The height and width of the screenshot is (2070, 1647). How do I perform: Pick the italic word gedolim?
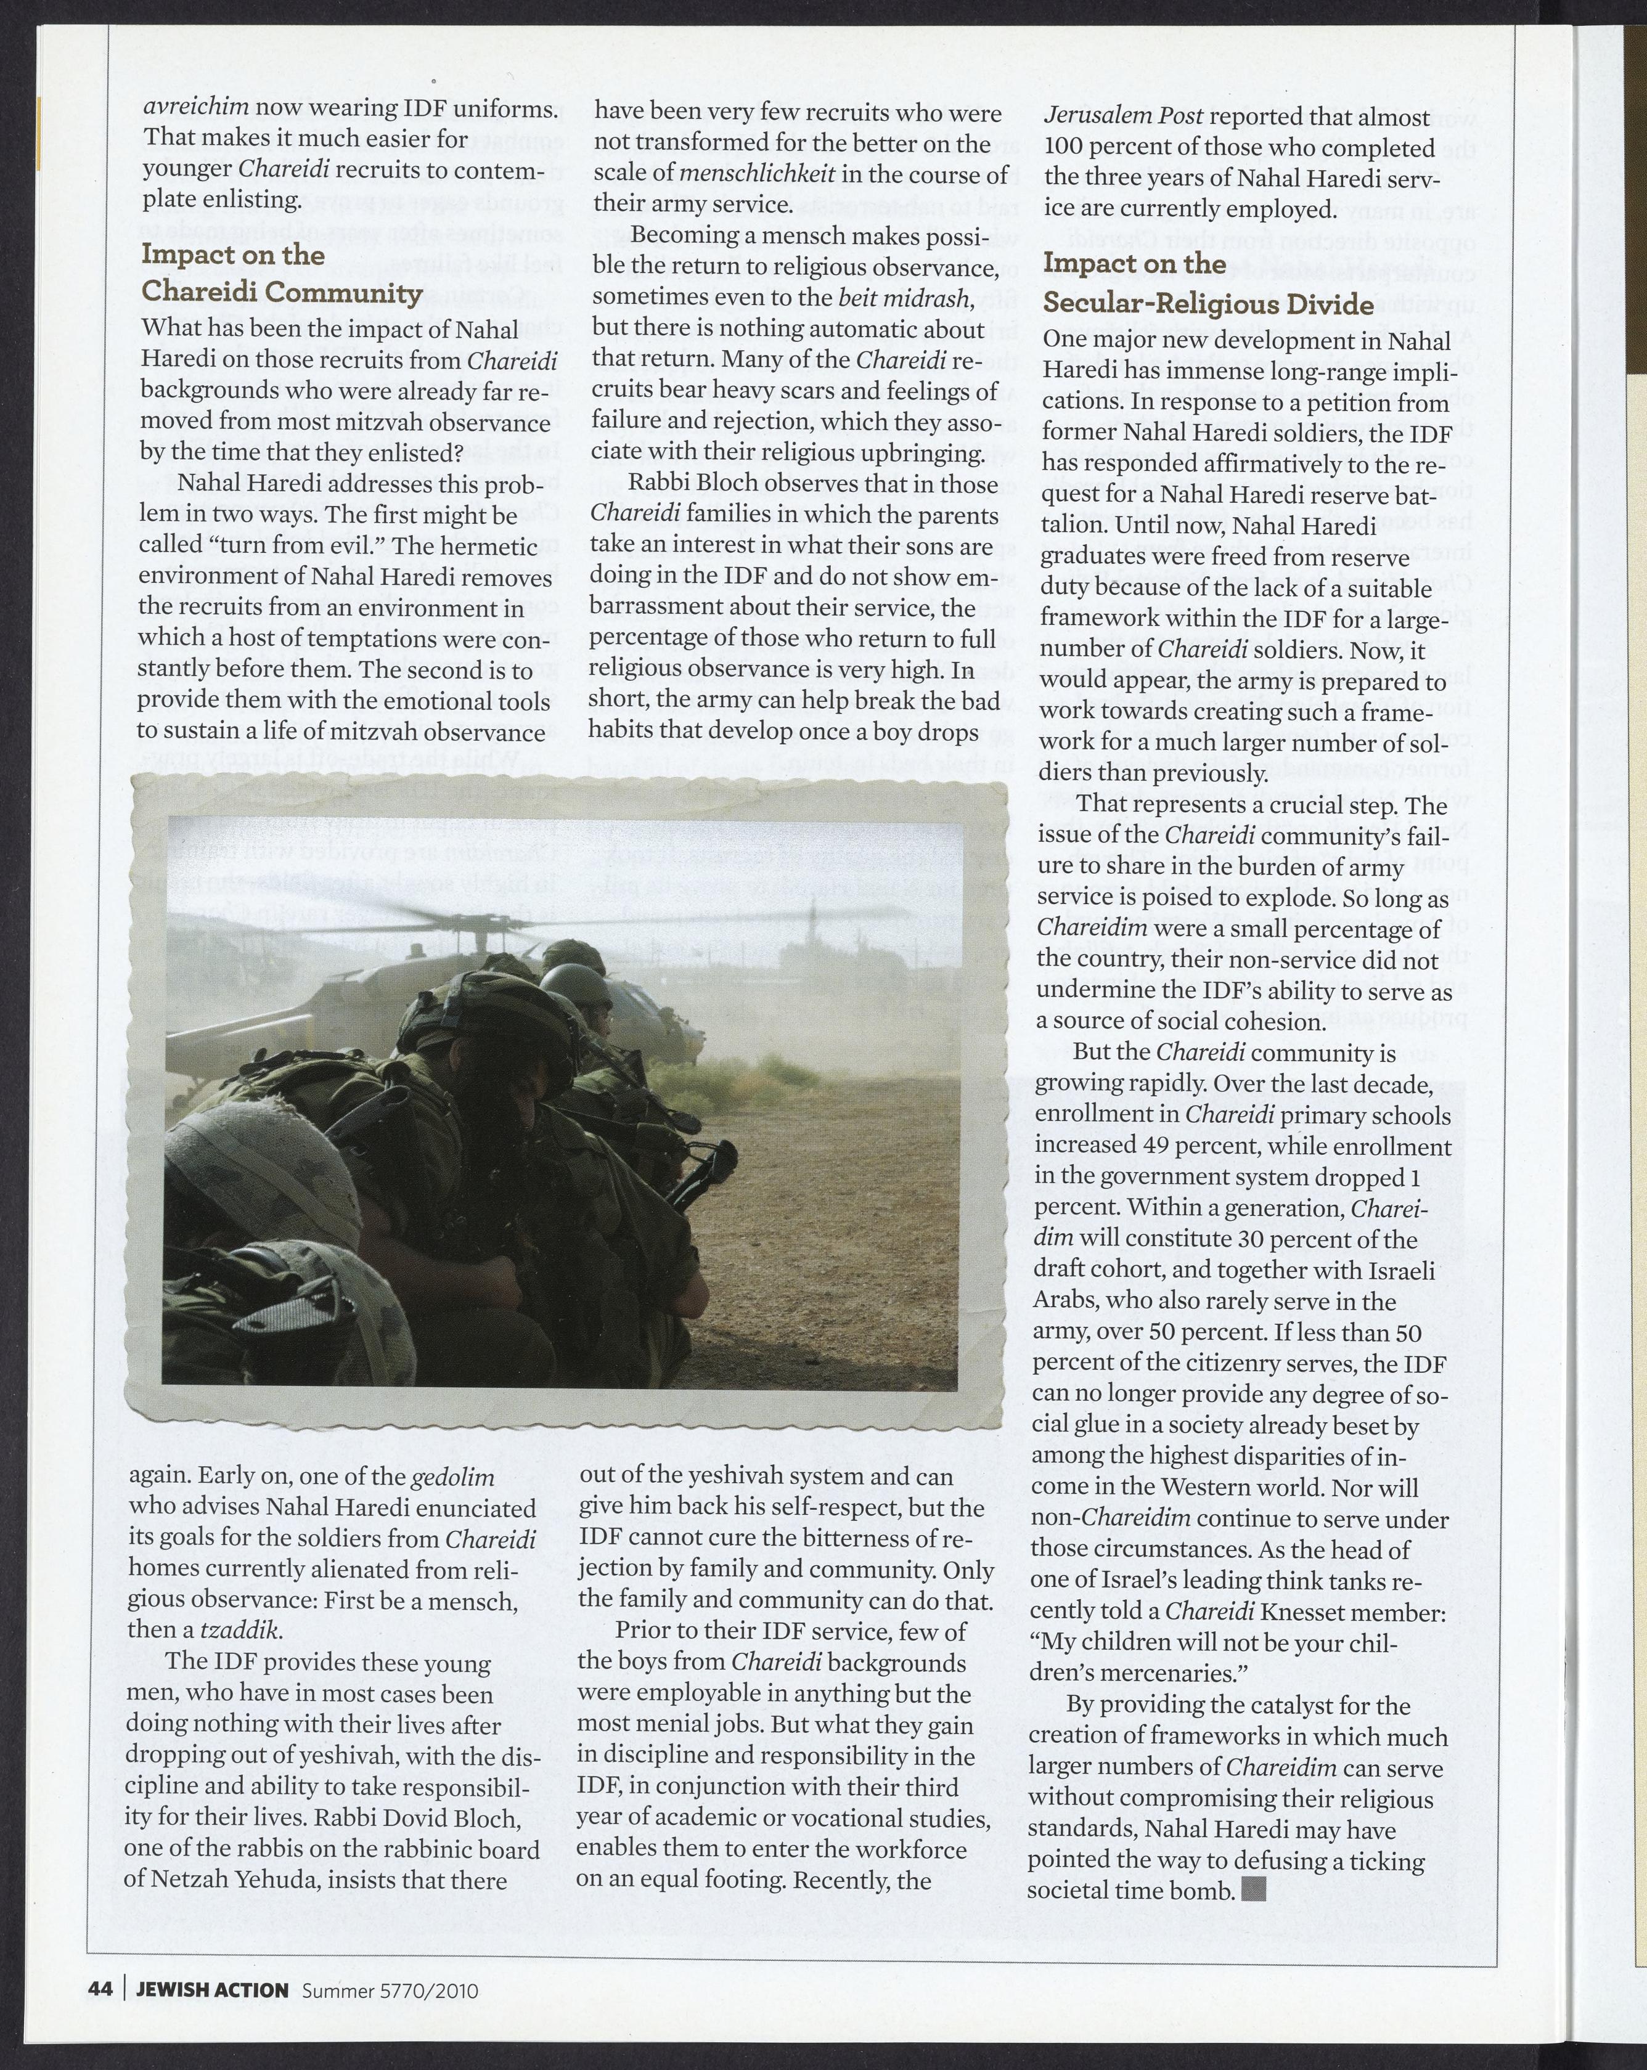pos(452,1477)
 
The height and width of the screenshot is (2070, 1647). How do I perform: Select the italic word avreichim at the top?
pos(196,107)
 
